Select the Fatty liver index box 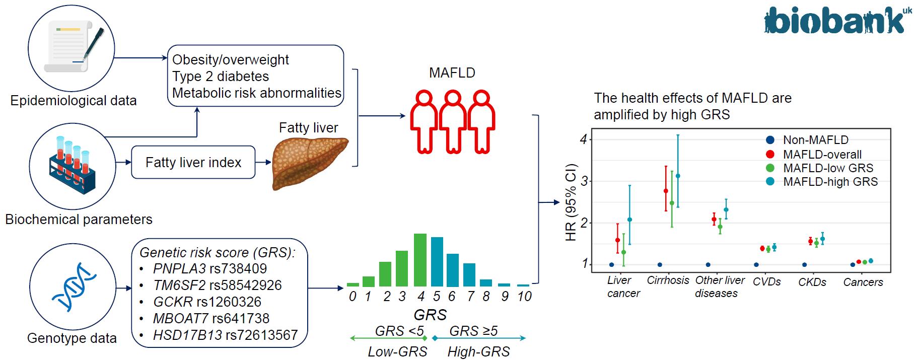(x=193, y=162)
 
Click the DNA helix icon (x=74, y=286)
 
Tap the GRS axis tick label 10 (x=524, y=297)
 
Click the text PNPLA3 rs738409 (x=210, y=268)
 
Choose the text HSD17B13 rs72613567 (x=225, y=335)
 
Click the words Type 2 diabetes (x=221, y=77)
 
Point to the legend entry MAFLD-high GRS (x=830, y=182)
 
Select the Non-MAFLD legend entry (x=815, y=140)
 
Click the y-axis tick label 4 (x=584, y=139)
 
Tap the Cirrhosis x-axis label (x=668, y=280)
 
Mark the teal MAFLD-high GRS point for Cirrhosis (x=677, y=176)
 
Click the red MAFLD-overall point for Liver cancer (x=617, y=240)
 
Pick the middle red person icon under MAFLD (x=453, y=121)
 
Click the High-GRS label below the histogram (x=478, y=351)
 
